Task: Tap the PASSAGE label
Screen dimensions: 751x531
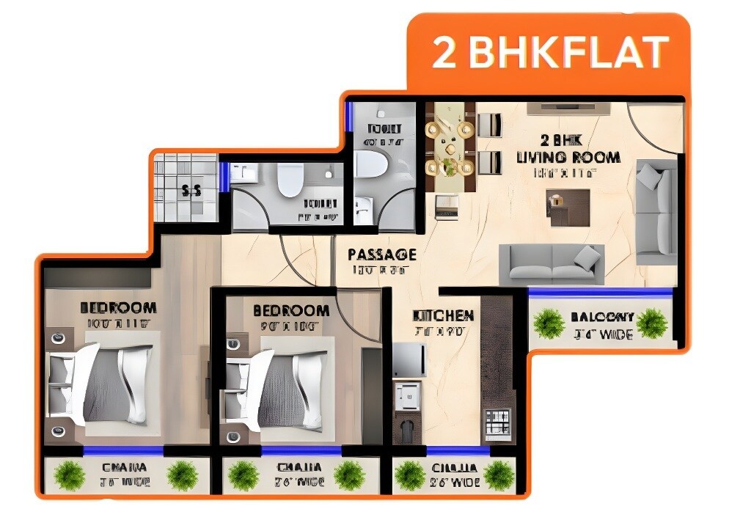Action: point(381,254)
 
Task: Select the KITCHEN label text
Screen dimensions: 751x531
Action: point(444,315)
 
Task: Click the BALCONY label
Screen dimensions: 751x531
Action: point(602,318)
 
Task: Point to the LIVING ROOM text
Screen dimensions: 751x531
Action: point(568,157)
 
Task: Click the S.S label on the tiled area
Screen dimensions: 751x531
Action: point(191,191)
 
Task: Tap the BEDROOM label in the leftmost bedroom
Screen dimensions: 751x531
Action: point(118,307)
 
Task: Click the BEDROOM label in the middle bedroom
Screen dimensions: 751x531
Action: point(291,311)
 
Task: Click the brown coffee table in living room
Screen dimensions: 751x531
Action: point(568,207)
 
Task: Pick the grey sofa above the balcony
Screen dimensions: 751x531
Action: point(552,265)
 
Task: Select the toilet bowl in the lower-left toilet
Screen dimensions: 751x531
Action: point(290,179)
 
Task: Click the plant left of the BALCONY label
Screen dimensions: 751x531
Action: point(548,323)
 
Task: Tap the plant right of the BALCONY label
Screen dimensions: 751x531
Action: point(651,323)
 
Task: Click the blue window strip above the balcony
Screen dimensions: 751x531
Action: point(600,292)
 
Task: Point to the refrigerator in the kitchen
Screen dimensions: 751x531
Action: point(409,359)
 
